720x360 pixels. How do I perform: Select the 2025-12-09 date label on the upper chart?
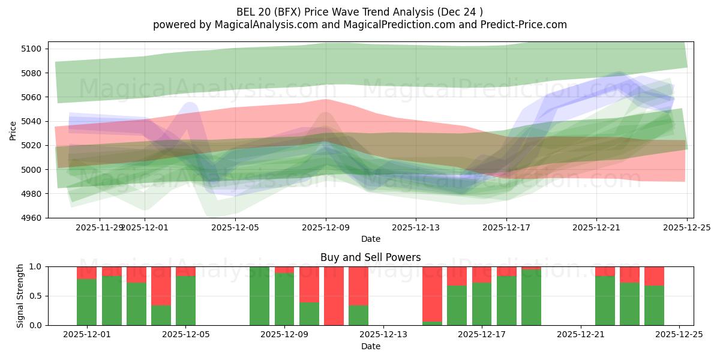tap(326, 228)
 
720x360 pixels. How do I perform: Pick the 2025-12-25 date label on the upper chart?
tap(686, 228)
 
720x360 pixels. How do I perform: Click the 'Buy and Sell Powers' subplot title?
tap(370, 257)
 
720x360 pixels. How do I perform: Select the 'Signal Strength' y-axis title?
tap(20, 296)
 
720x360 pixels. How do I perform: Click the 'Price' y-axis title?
tap(13, 130)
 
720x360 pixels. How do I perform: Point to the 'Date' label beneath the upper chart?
tap(370, 239)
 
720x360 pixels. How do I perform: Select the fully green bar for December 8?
tap(259, 296)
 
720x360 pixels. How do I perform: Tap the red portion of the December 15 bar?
tap(432, 293)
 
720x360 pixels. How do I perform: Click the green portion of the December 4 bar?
tap(161, 315)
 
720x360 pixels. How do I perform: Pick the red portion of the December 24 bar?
tap(654, 275)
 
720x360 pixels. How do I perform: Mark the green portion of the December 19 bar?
tap(531, 298)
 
